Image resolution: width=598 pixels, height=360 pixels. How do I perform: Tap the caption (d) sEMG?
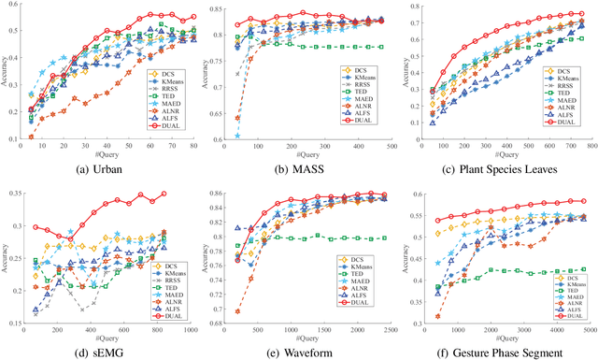coord(104,352)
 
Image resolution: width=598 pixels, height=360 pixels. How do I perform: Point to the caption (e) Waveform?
coord(300,352)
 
